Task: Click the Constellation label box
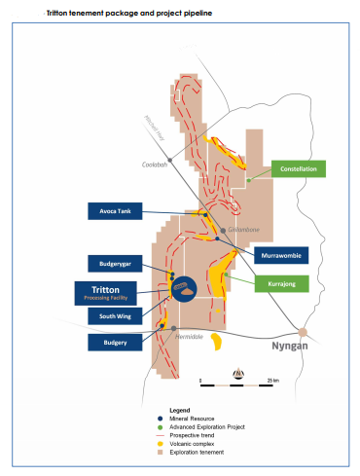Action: pos(299,168)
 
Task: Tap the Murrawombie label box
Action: pos(279,254)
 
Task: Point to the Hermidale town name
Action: pos(187,336)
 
